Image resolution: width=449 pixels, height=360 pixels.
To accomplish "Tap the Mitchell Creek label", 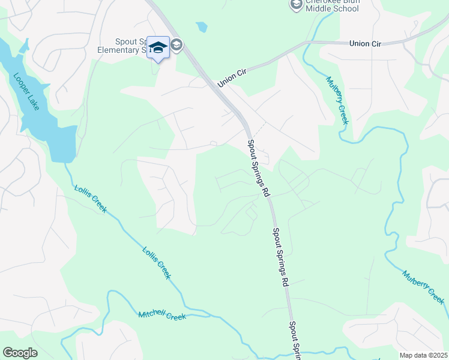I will click(x=163, y=315).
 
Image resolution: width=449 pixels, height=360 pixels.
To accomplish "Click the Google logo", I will click(x=20, y=353).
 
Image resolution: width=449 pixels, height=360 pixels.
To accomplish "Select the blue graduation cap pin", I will click(x=158, y=47).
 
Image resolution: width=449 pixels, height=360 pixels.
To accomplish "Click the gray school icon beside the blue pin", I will click(x=177, y=44).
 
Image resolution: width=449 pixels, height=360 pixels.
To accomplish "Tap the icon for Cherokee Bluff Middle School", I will click(x=296, y=5).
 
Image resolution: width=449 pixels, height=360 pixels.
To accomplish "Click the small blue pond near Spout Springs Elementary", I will click(x=202, y=26).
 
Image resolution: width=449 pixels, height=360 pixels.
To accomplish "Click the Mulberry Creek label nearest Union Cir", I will click(x=337, y=100).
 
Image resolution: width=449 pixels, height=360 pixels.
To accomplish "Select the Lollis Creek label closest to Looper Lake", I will click(x=91, y=199).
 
